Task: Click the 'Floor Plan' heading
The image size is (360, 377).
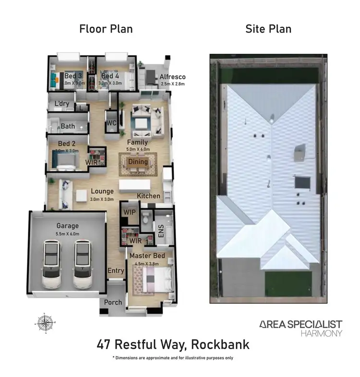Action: click(x=106, y=29)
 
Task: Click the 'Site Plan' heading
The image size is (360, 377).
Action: click(x=268, y=29)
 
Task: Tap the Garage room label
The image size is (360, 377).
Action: click(x=67, y=225)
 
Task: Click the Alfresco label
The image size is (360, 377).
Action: click(x=172, y=77)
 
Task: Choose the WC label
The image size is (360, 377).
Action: click(x=111, y=123)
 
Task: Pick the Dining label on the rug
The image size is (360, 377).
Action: click(x=138, y=162)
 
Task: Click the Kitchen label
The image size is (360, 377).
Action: click(x=148, y=196)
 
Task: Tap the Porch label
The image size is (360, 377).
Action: click(x=112, y=303)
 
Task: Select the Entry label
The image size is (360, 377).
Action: click(x=116, y=271)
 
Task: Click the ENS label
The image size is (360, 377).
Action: click(x=161, y=230)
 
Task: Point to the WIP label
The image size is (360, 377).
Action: click(x=129, y=212)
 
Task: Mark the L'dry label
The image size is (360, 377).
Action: click(x=61, y=104)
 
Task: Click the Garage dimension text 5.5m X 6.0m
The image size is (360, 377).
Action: click(x=67, y=234)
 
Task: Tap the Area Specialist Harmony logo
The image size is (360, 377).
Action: click(x=300, y=328)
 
